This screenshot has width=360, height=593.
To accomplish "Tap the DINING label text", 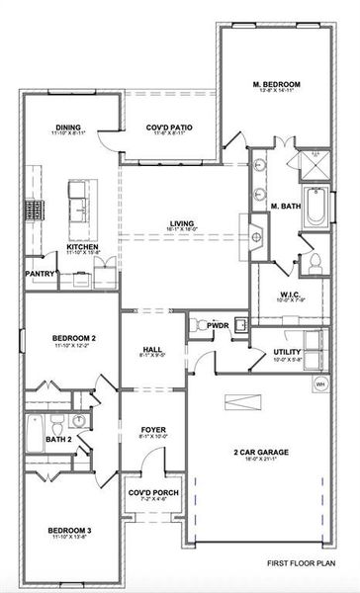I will coord(69,127).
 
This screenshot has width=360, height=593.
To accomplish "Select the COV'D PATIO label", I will coord(169,127).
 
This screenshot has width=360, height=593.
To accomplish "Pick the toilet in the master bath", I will coord(315,262).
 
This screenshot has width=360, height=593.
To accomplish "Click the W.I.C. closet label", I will coord(290,294).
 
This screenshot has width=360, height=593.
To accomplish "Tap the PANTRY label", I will coord(40,274).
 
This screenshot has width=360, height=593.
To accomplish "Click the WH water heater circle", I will coord(319,383).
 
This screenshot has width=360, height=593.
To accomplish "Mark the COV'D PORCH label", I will coord(151,494).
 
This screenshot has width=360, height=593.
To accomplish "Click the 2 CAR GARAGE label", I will coord(261,452).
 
